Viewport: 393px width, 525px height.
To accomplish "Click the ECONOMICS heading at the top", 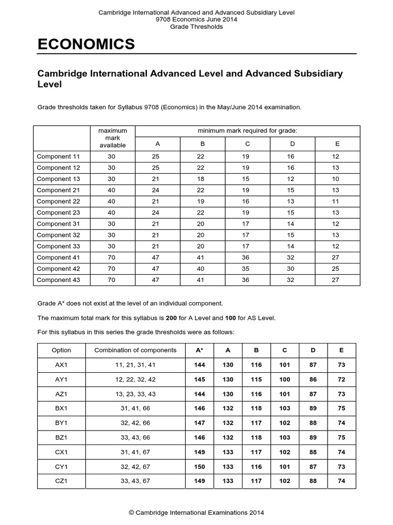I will tap(86, 45).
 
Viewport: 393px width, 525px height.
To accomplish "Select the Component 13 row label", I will tap(58, 179).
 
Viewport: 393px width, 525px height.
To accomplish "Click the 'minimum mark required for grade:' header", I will tap(247, 131).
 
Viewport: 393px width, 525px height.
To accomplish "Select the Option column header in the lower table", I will tap(61, 350).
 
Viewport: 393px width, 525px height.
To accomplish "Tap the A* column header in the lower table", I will tap(200, 350).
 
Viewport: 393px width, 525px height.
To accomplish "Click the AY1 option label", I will tap(61, 379).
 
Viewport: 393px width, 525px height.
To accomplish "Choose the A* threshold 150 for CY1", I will tap(200, 467).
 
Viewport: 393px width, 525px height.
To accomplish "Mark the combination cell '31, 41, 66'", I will tap(136, 409).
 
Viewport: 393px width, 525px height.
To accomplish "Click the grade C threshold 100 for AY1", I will tap(285, 379).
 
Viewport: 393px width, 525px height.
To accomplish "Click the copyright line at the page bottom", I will tap(196, 512).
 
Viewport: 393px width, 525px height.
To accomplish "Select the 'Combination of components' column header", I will tap(136, 350).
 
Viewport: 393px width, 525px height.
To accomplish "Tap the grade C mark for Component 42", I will tap(247, 269).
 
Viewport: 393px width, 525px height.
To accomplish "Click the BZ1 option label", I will tap(61, 437).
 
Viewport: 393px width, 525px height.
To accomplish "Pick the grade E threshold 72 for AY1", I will tap(342, 379).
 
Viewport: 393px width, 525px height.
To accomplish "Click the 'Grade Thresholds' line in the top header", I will tap(196, 27).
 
